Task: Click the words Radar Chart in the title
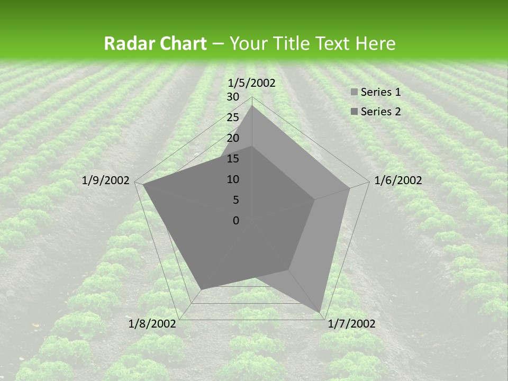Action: click(155, 44)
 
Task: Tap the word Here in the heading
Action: click(375, 44)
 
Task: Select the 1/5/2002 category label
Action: click(252, 83)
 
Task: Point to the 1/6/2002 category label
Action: click(398, 180)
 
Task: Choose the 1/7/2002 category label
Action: click(351, 324)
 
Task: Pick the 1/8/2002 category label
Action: click(152, 324)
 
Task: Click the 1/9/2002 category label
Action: click(106, 180)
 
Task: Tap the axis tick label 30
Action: click(233, 97)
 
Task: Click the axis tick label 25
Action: click(233, 117)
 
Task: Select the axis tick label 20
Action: click(233, 138)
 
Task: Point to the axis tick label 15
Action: click(233, 159)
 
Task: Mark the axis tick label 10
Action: click(233, 179)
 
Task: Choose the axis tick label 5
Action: click(235, 200)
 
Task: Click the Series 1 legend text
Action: click(380, 92)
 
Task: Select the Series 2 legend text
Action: click(380, 111)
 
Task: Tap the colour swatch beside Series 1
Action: click(355, 93)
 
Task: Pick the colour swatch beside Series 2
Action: click(355, 112)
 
